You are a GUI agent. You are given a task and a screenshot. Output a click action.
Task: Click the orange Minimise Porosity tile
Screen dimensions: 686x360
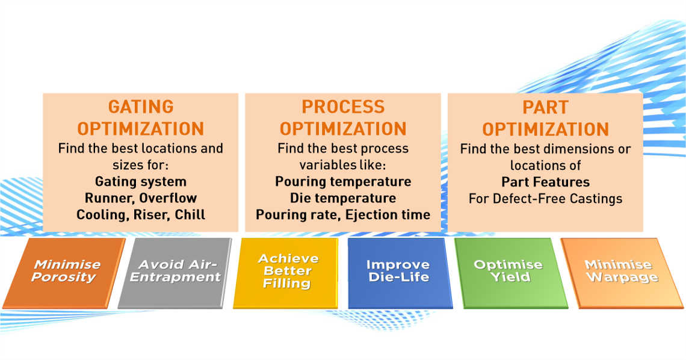tap(64, 273)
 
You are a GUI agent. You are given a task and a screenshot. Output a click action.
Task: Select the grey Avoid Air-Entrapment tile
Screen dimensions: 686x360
tap(175, 273)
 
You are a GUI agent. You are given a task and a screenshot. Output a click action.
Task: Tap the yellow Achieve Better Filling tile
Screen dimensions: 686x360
tap(286, 273)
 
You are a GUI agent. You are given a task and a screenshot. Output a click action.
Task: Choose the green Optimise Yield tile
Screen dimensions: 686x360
tap(510, 273)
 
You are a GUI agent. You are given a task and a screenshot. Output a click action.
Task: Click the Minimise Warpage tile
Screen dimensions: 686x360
tap(622, 273)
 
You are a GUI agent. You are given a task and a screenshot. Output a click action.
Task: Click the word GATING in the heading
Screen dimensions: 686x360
tap(141, 107)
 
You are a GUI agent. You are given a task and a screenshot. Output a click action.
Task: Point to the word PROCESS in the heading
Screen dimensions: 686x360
tap(343, 107)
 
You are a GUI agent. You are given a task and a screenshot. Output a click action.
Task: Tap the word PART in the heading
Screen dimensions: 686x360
tap(546, 107)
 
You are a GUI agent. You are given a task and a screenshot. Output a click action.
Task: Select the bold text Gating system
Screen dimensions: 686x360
tap(141, 182)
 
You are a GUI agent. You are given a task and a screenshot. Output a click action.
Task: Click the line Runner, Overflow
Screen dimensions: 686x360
tap(141, 198)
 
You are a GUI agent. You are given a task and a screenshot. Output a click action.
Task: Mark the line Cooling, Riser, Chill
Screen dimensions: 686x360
tap(141, 215)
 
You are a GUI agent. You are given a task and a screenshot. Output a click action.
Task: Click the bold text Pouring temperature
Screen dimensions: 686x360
tap(343, 182)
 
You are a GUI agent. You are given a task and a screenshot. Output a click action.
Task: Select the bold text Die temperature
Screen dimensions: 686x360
tap(343, 198)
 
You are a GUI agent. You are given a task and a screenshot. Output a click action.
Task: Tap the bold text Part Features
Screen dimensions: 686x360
tap(546, 182)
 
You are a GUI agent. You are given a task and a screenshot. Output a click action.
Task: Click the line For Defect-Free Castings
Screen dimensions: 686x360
tap(546, 199)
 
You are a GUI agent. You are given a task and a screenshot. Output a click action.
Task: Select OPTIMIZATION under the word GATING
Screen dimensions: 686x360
tap(141, 129)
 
